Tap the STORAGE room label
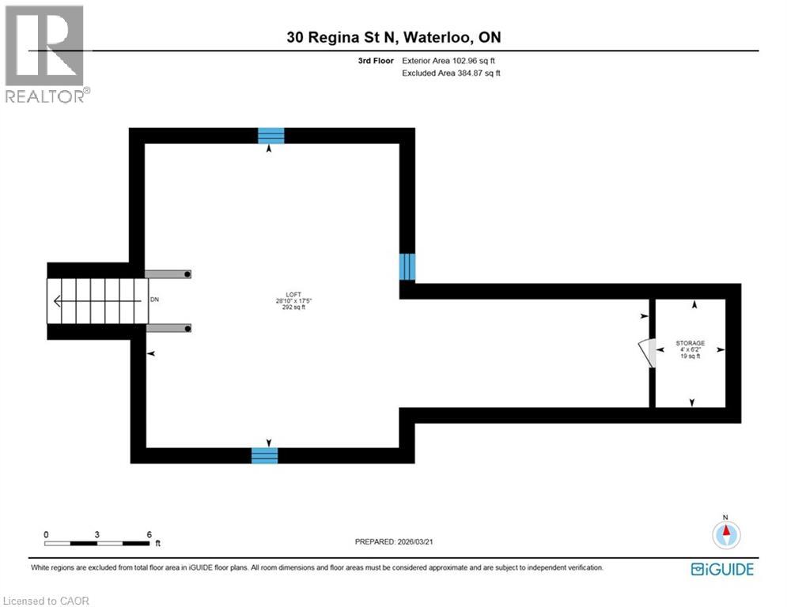(x=690, y=343)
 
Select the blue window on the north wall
(x=271, y=135)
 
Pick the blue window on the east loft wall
(x=407, y=267)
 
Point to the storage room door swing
(x=648, y=353)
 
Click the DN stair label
(x=155, y=300)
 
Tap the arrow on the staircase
(x=58, y=300)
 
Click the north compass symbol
(x=725, y=534)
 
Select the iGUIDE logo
(x=721, y=569)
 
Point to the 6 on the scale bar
(x=149, y=534)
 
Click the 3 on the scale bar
(x=96, y=534)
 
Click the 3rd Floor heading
(x=375, y=60)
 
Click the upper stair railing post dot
(x=188, y=273)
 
